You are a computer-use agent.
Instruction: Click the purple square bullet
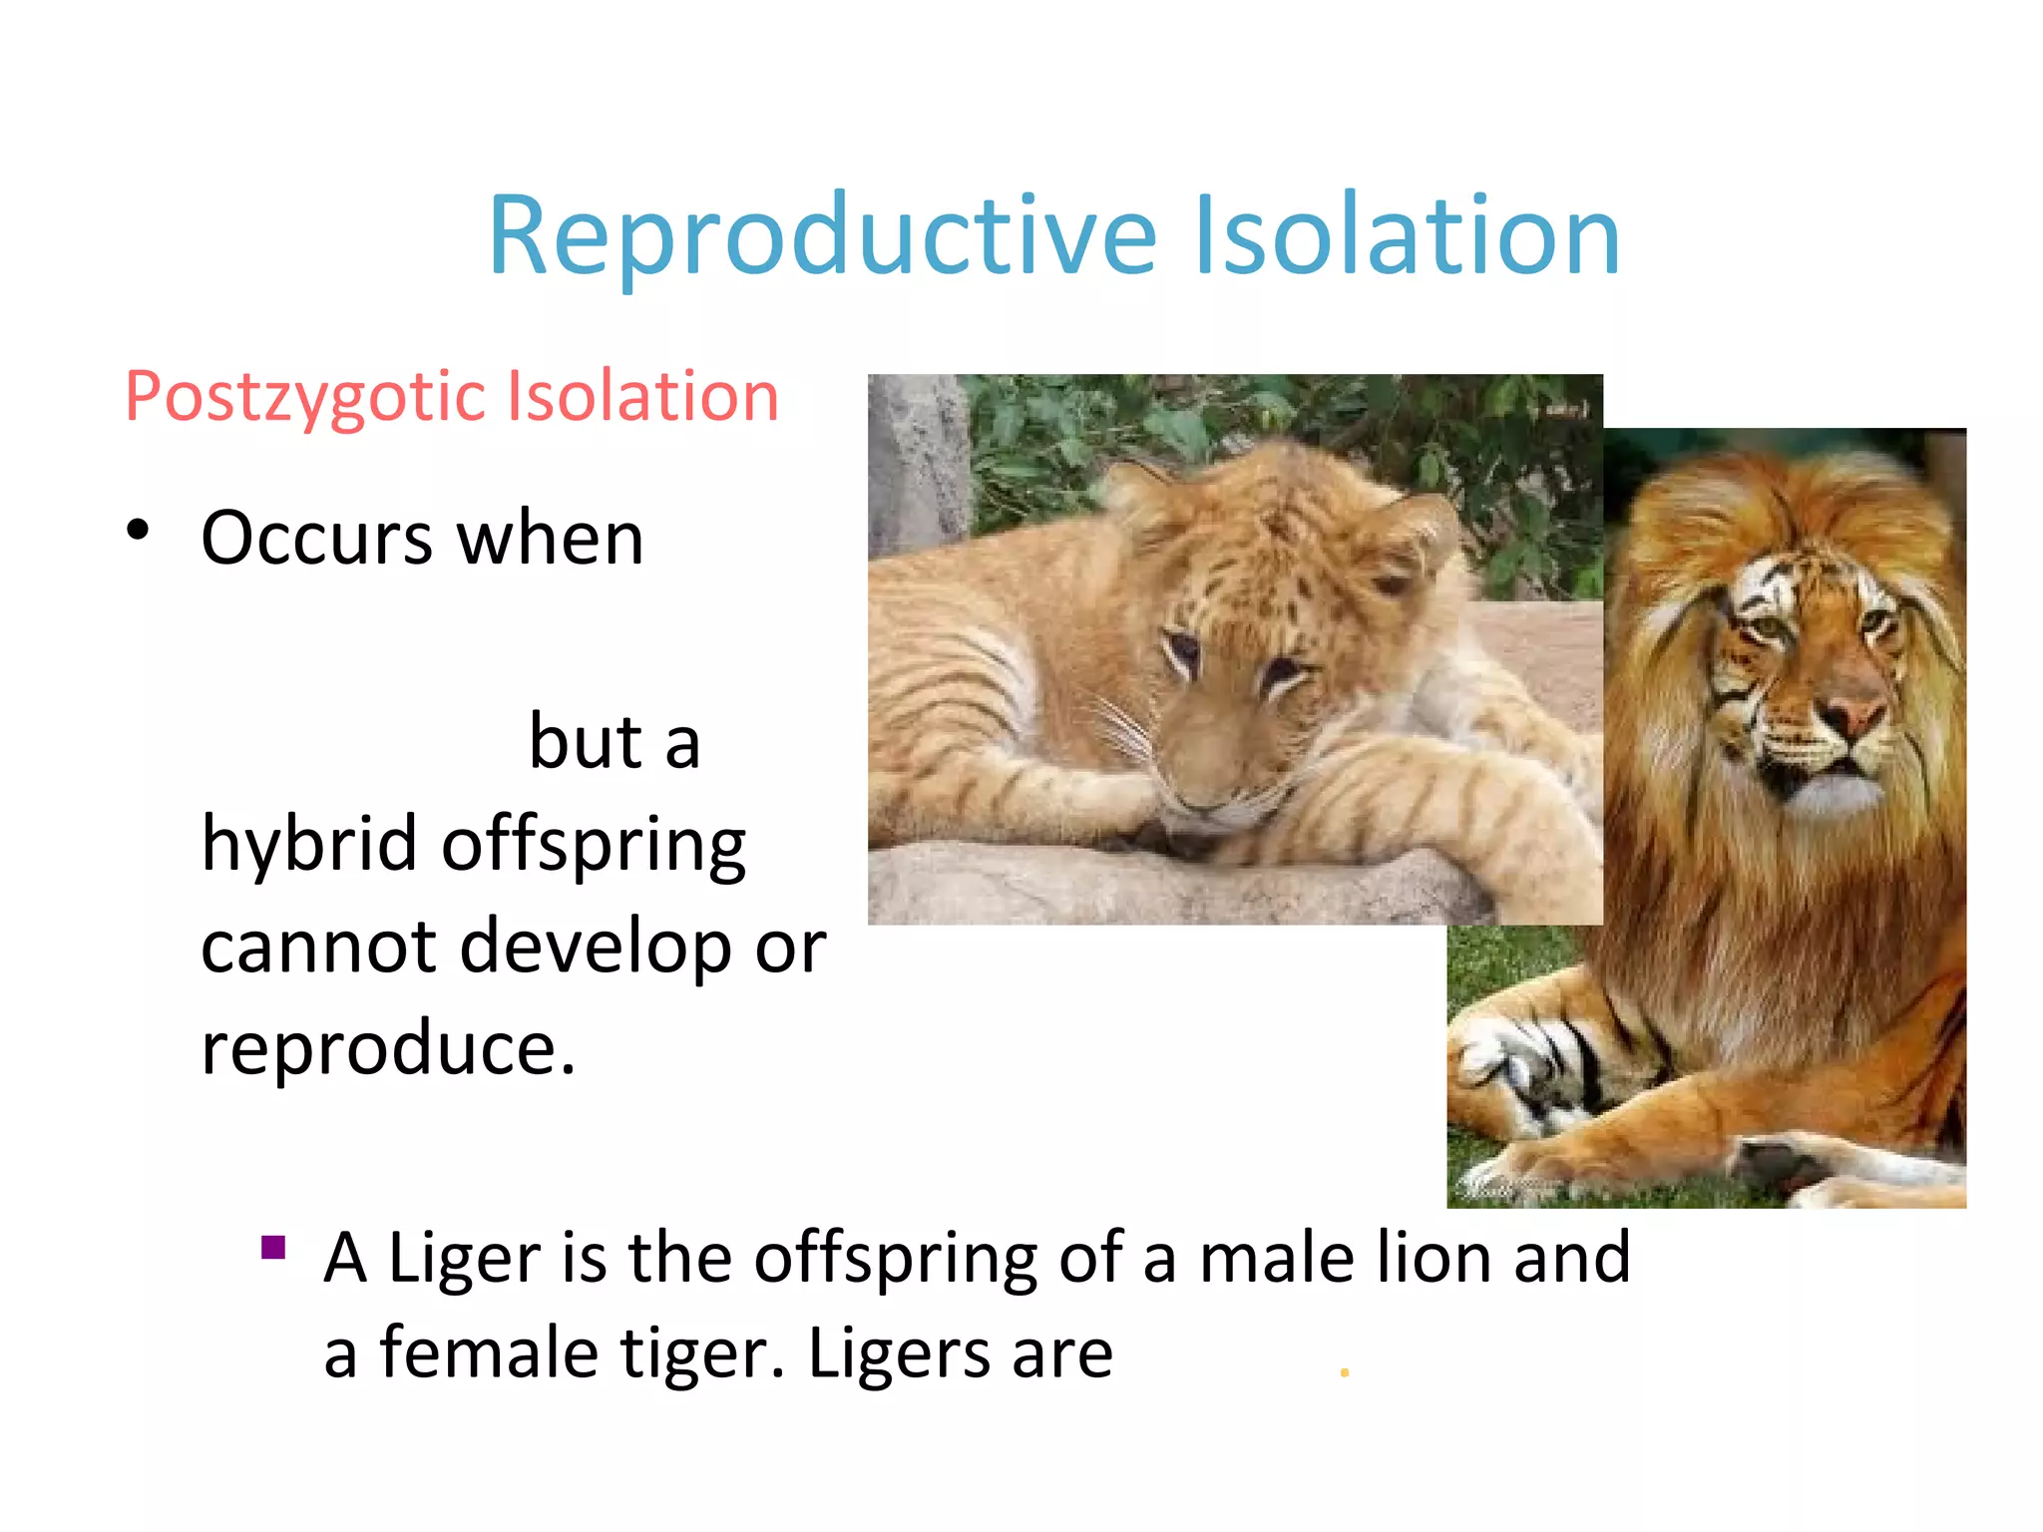point(273,1248)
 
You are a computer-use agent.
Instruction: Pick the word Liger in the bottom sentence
point(464,1258)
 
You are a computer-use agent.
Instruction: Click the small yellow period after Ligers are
point(1344,1373)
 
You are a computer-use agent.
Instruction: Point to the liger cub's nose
point(1197,798)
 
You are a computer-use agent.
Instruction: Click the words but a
point(613,743)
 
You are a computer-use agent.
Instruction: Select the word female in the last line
point(489,1354)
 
